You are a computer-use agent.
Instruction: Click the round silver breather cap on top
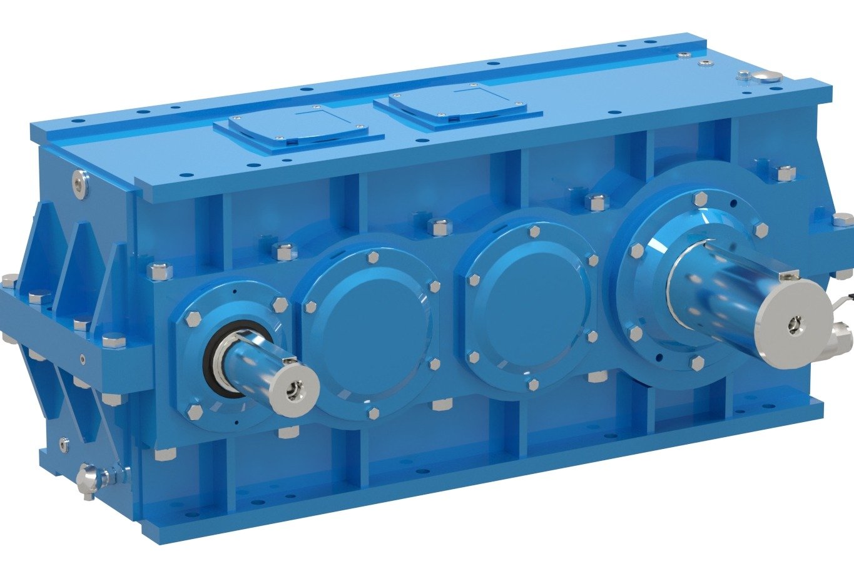(x=766, y=76)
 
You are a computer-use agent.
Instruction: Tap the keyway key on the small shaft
(x=289, y=361)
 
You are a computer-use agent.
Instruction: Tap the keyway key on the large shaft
(x=789, y=275)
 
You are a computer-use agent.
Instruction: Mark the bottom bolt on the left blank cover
(x=374, y=413)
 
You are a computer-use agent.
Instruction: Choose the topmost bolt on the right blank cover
(x=534, y=232)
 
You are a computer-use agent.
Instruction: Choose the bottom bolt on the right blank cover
(x=532, y=384)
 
